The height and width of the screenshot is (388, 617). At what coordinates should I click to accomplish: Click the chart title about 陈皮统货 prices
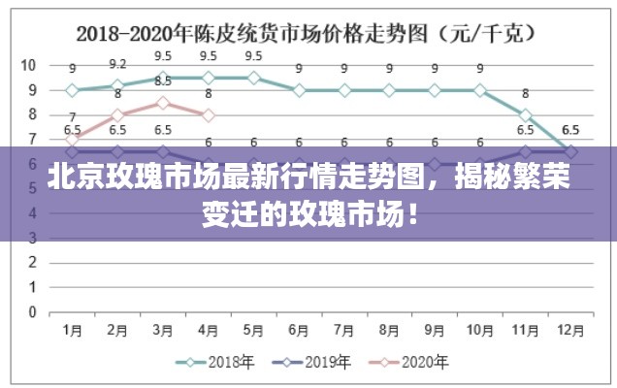pos(308,33)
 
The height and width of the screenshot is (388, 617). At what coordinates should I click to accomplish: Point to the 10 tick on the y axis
pos(28,66)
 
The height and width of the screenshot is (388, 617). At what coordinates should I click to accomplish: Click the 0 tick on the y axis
pos(32,312)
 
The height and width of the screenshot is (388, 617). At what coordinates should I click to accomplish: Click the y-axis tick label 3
pos(32,239)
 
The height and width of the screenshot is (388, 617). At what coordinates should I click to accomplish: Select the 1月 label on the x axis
pos(72,331)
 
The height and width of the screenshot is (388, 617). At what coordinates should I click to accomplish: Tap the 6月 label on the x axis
pos(299,331)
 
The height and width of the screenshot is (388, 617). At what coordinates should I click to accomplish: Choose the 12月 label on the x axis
pos(570,331)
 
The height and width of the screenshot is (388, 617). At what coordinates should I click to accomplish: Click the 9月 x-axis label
pos(435,331)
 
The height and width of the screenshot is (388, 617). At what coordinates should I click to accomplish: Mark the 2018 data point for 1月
pos(72,90)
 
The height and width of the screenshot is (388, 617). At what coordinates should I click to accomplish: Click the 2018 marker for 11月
pos(525,114)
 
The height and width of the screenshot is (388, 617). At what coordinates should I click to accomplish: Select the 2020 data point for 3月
pos(163,103)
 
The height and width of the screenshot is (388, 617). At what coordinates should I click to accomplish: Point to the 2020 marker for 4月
pos(208,114)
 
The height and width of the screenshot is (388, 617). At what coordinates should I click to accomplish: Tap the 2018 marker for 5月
pos(253,78)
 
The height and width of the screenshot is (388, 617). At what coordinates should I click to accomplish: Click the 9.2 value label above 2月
pos(117,63)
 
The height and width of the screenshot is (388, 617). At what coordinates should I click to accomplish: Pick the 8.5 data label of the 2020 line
pos(163,81)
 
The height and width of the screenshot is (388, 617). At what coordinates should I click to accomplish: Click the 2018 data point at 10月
pos(479,90)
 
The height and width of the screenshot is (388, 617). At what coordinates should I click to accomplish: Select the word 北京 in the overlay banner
pos(56,180)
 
